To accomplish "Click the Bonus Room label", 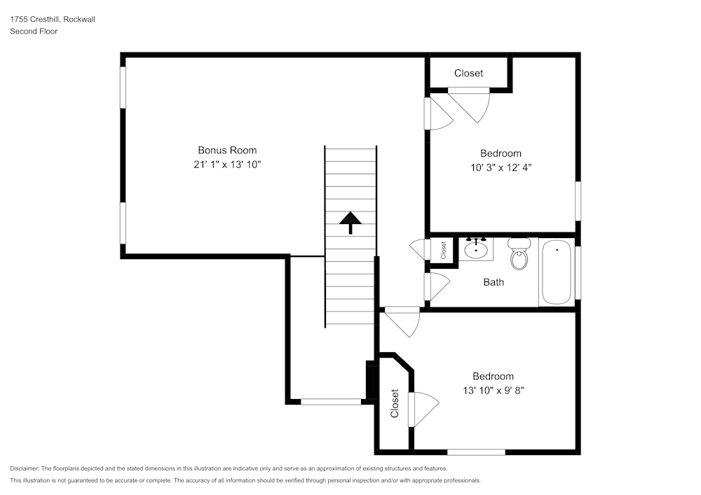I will point(227,150).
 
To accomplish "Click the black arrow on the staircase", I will point(350,223).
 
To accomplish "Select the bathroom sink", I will point(477,249).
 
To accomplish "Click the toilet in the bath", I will point(519,256).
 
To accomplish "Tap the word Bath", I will point(494,282).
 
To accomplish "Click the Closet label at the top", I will point(468,74).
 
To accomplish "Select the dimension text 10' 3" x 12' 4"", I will point(501,167).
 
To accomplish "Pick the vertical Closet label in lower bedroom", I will point(395,403).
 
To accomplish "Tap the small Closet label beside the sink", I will point(443,249).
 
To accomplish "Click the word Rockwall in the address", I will point(79,20).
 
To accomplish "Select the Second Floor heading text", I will point(34,32).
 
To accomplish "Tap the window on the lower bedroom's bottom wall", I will point(476,452).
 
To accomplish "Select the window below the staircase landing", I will point(330,402).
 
